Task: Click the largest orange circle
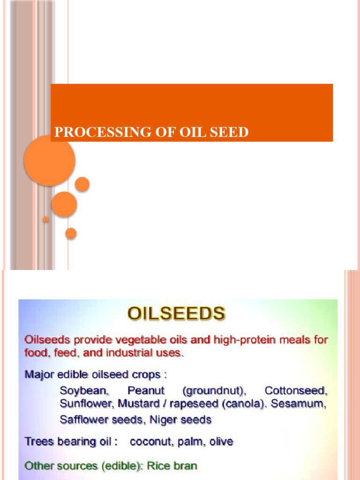coord(49,160)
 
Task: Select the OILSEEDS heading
coord(176,314)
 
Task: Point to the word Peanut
coord(146,390)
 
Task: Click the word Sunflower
coord(87,404)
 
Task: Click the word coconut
coord(150,442)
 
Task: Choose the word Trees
coord(38,442)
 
